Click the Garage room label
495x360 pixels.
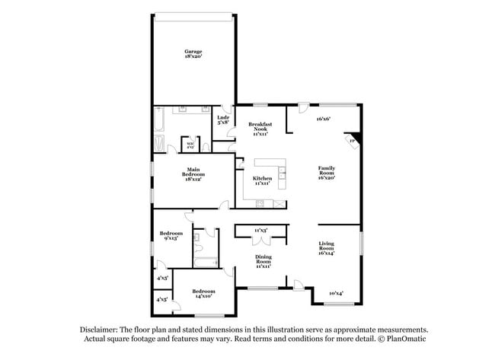coord(193,54)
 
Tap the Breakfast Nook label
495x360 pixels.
coord(260,129)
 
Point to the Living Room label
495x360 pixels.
coord(326,247)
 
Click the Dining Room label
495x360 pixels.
coord(263,262)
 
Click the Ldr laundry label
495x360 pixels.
coord(223,119)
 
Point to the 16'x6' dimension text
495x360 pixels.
coord(323,119)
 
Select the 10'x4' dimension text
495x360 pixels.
coord(336,293)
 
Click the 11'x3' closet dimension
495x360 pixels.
coord(260,230)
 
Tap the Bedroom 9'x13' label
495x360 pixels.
coord(171,236)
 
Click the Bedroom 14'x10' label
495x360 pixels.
coord(203,294)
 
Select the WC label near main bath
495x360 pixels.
coord(189,144)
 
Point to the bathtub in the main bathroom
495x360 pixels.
coord(159,119)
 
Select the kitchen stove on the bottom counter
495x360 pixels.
coord(260,202)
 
